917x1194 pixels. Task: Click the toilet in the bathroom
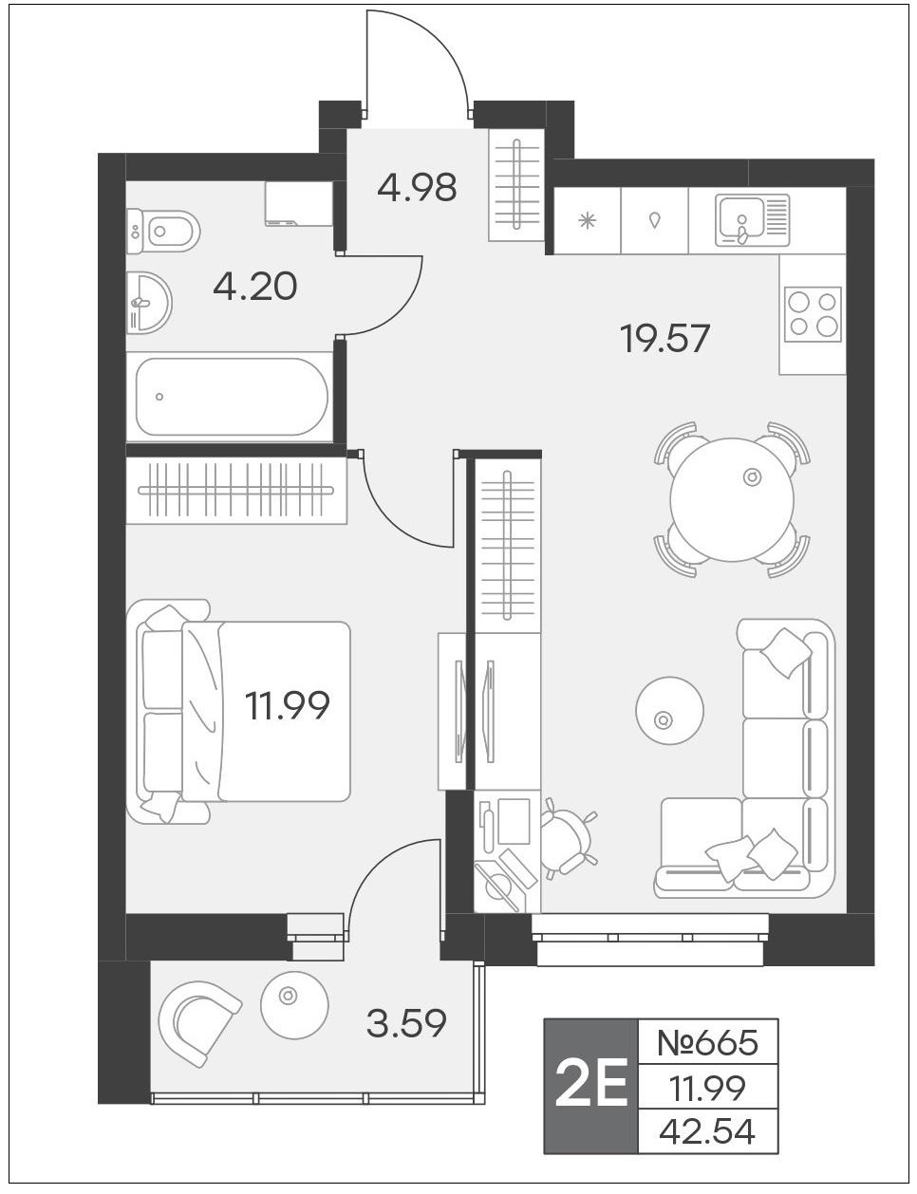click(163, 231)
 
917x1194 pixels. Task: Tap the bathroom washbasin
click(149, 302)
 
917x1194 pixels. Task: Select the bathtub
click(231, 397)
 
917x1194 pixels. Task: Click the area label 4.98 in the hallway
click(417, 188)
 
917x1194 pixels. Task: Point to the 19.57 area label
click(664, 338)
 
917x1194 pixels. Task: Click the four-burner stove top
click(813, 314)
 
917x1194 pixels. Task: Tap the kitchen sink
click(752, 220)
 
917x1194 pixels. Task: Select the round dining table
click(732, 499)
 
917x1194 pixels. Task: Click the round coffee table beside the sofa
click(669, 710)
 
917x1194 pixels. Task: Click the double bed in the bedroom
click(238, 712)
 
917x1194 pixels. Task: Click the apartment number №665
click(707, 1042)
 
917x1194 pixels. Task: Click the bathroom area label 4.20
click(255, 287)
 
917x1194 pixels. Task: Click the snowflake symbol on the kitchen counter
click(588, 221)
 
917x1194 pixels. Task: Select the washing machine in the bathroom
click(298, 204)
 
